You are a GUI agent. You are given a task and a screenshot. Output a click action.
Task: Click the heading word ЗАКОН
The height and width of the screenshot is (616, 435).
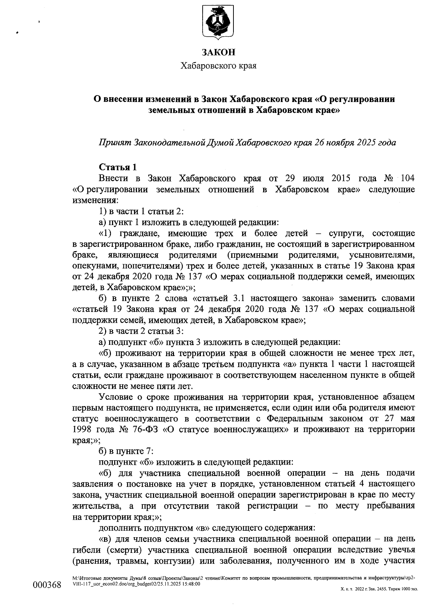[218, 53]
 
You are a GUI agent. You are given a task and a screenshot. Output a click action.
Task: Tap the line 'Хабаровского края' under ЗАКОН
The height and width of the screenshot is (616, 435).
[218, 66]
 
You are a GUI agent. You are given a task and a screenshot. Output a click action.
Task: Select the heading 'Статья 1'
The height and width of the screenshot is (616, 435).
[118, 167]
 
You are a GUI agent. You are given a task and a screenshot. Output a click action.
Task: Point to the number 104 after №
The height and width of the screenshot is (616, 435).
[405, 179]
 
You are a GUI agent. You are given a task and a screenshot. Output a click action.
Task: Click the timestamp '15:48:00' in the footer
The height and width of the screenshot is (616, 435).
[188, 584]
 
